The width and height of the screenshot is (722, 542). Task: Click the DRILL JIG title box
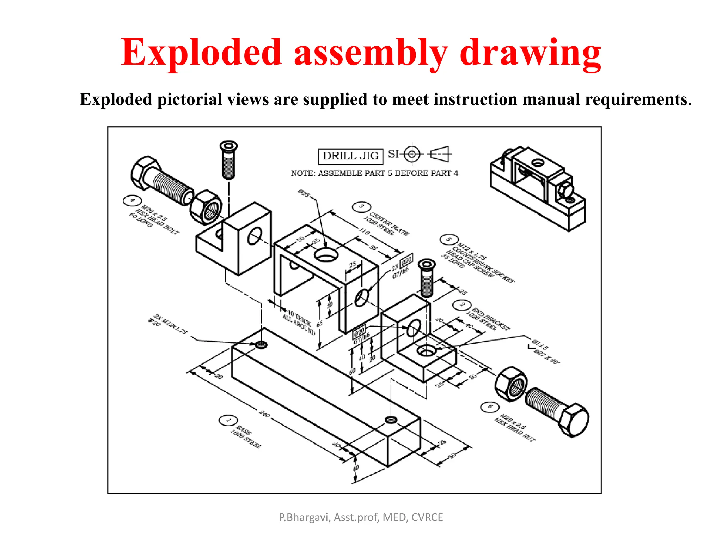point(350,156)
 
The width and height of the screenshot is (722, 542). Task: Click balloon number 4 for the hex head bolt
point(132,201)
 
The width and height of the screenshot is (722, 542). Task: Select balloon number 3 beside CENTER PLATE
point(361,207)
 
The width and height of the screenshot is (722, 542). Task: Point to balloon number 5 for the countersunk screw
point(449,240)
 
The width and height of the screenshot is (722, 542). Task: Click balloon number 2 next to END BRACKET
point(462,305)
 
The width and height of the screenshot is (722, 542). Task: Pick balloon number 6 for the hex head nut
point(490,406)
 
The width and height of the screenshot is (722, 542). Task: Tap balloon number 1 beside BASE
point(228,420)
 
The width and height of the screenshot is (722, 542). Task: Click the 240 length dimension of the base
point(265,414)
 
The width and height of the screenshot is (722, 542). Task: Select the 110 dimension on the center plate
point(364,232)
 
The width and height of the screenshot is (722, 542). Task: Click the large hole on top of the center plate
point(326,254)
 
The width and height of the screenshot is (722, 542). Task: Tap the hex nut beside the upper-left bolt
point(206,207)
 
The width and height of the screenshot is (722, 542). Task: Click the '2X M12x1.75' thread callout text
point(171,324)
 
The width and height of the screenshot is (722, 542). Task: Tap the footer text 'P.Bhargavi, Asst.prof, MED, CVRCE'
point(361,517)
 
